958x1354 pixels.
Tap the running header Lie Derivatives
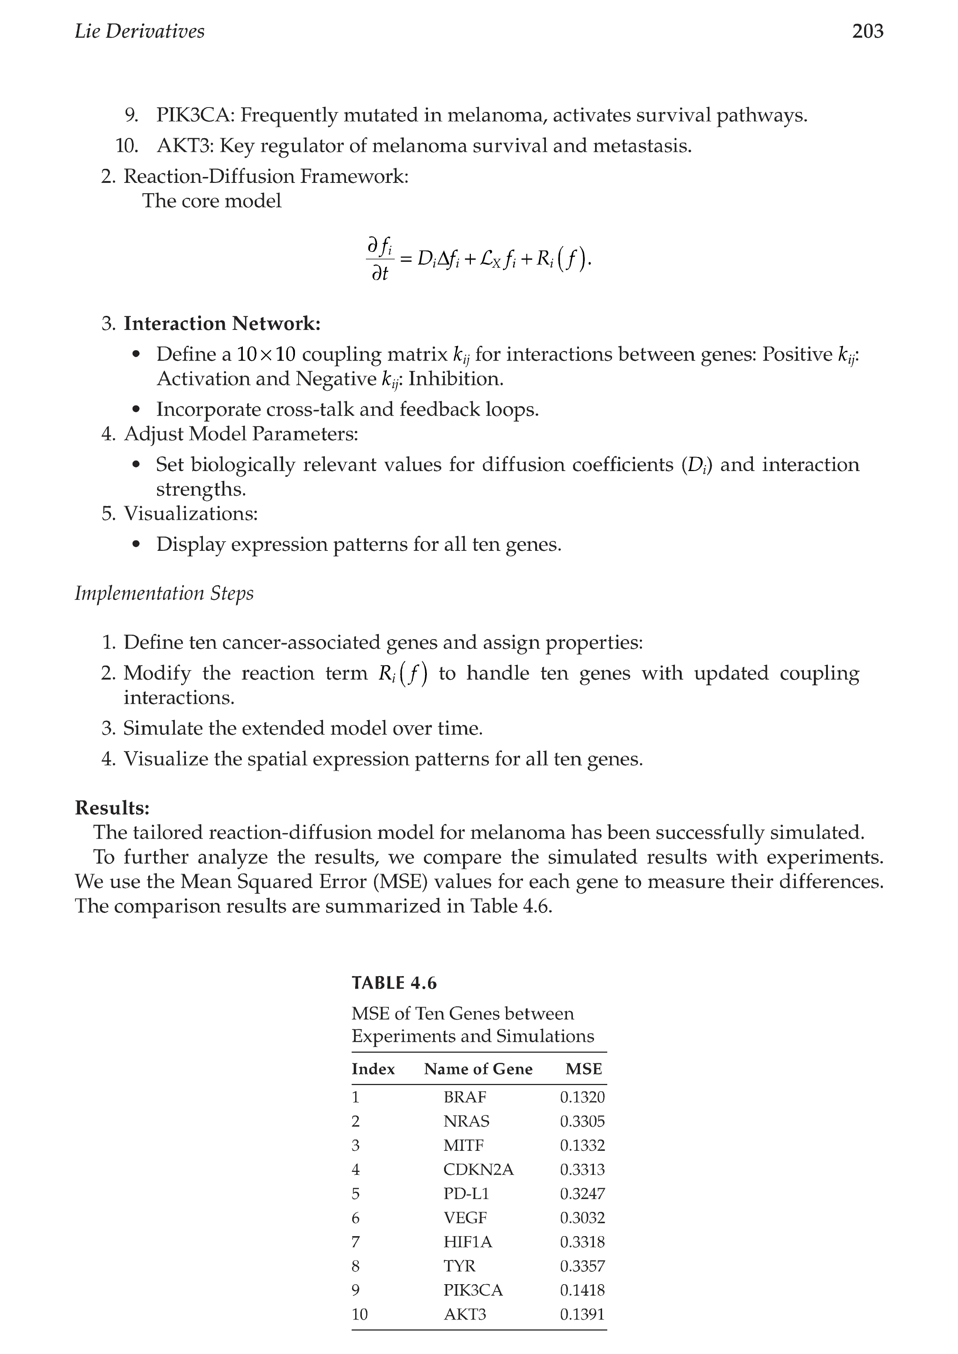pos(140,31)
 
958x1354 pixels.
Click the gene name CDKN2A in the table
pos(478,1169)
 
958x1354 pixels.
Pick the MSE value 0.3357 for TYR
pos(582,1266)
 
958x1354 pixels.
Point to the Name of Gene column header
pos(478,1069)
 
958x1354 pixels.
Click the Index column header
pos(373,1069)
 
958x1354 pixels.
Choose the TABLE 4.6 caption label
pos(394,983)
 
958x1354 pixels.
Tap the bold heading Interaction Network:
pos(222,324)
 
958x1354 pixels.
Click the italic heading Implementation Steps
pos(164,593)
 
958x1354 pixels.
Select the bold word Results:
pos(112,808)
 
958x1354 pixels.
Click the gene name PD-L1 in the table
pos(466,1194)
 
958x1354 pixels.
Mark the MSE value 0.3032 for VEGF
pos(582,1218)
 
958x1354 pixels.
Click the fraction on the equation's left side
pos(380,259)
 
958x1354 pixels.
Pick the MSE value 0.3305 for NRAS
pos(582,1121)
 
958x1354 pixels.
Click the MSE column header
pos(584,1069)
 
